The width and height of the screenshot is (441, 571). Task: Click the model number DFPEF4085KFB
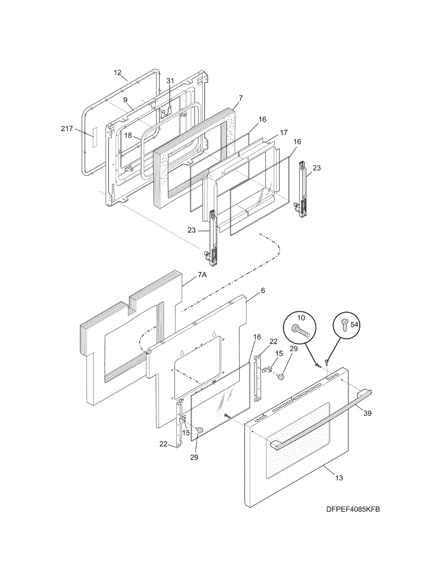(353, 510)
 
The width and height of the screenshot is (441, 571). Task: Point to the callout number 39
(367, 413)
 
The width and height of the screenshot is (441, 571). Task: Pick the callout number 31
(170, 81)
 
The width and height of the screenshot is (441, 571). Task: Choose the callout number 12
(118, 73)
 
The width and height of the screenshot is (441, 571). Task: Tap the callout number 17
(284, 133)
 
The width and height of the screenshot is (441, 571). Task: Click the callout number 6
(263, 290)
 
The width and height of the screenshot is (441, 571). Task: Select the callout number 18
(128, 135)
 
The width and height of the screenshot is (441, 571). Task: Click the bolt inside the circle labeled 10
(302, 331)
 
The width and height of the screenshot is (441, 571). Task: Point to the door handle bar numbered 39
(323, 418)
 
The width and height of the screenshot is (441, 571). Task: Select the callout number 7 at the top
(241, 98)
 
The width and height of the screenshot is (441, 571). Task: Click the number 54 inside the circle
(354, 325)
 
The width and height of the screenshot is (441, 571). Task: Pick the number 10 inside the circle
(302, 317)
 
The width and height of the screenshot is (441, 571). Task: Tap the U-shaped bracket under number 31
(166, 112)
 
